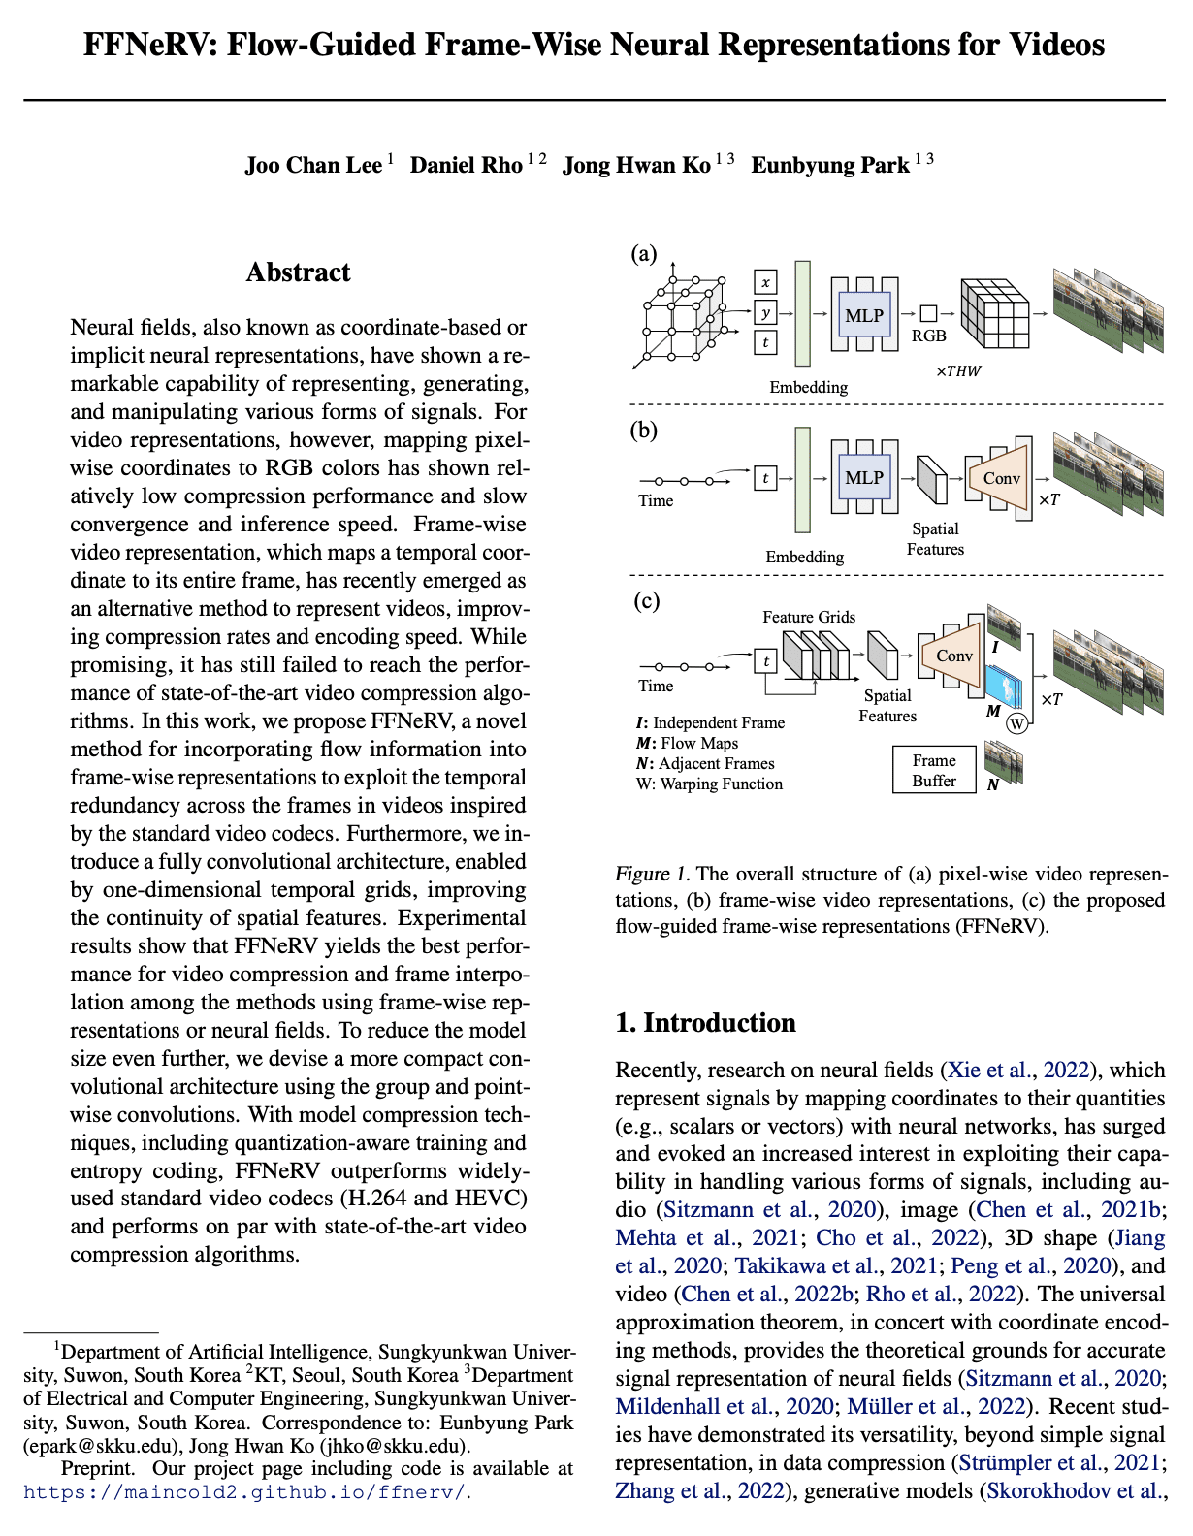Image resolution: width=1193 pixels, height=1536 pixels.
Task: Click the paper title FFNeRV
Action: click(594, 46)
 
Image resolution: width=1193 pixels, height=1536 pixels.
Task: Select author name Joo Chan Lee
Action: click(313, 165)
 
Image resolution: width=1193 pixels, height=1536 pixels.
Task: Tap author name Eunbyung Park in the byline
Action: click(830, 165)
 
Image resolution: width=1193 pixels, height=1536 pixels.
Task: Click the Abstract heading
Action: click(298, 272)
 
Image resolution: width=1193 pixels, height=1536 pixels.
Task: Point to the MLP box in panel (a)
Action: click(863, 315)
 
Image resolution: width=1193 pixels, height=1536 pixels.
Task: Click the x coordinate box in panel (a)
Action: click(765, 282)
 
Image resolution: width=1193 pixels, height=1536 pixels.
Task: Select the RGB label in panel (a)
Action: click(928, 336)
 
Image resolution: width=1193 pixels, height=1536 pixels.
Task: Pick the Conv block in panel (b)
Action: click(1001, 478)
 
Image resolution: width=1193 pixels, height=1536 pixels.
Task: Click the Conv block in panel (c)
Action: click(953, 656)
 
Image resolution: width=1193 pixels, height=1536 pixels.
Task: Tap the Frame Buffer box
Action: click(934, 771)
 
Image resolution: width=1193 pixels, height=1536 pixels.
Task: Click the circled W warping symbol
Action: click(1016, 723)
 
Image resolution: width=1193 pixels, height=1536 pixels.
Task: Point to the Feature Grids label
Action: click(809, 617)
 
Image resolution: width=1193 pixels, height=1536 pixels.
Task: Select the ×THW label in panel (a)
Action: click(958, 371)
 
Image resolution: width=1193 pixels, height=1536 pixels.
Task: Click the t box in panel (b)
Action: click(765, 478)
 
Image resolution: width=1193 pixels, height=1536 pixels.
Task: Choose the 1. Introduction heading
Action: click(705, 1023)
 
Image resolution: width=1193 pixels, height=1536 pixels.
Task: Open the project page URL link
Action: click(245, 1492)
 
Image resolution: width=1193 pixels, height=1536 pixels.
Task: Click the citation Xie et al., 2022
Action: click(1016, 1071)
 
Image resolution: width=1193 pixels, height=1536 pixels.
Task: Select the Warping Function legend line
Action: click(709, 784)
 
